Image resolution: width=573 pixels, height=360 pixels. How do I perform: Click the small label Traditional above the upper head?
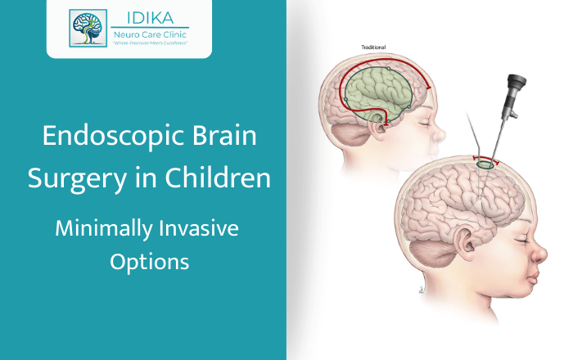373,47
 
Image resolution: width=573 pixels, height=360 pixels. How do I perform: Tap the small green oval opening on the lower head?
485,164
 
